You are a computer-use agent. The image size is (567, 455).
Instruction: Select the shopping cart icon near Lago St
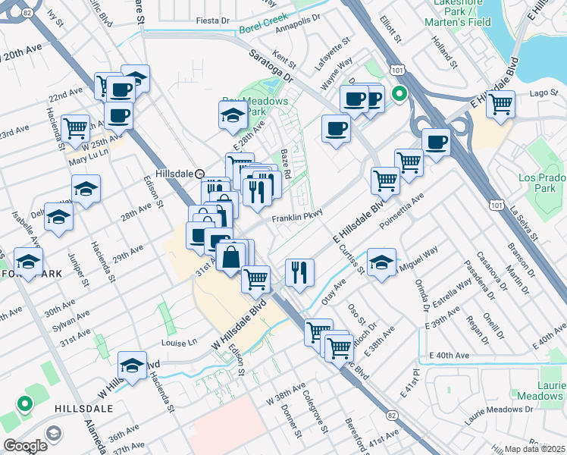[x=501, y=104]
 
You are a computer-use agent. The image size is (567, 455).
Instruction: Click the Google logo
[x=25, y=446]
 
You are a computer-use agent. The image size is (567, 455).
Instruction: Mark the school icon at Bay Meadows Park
[x=231, y=115]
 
